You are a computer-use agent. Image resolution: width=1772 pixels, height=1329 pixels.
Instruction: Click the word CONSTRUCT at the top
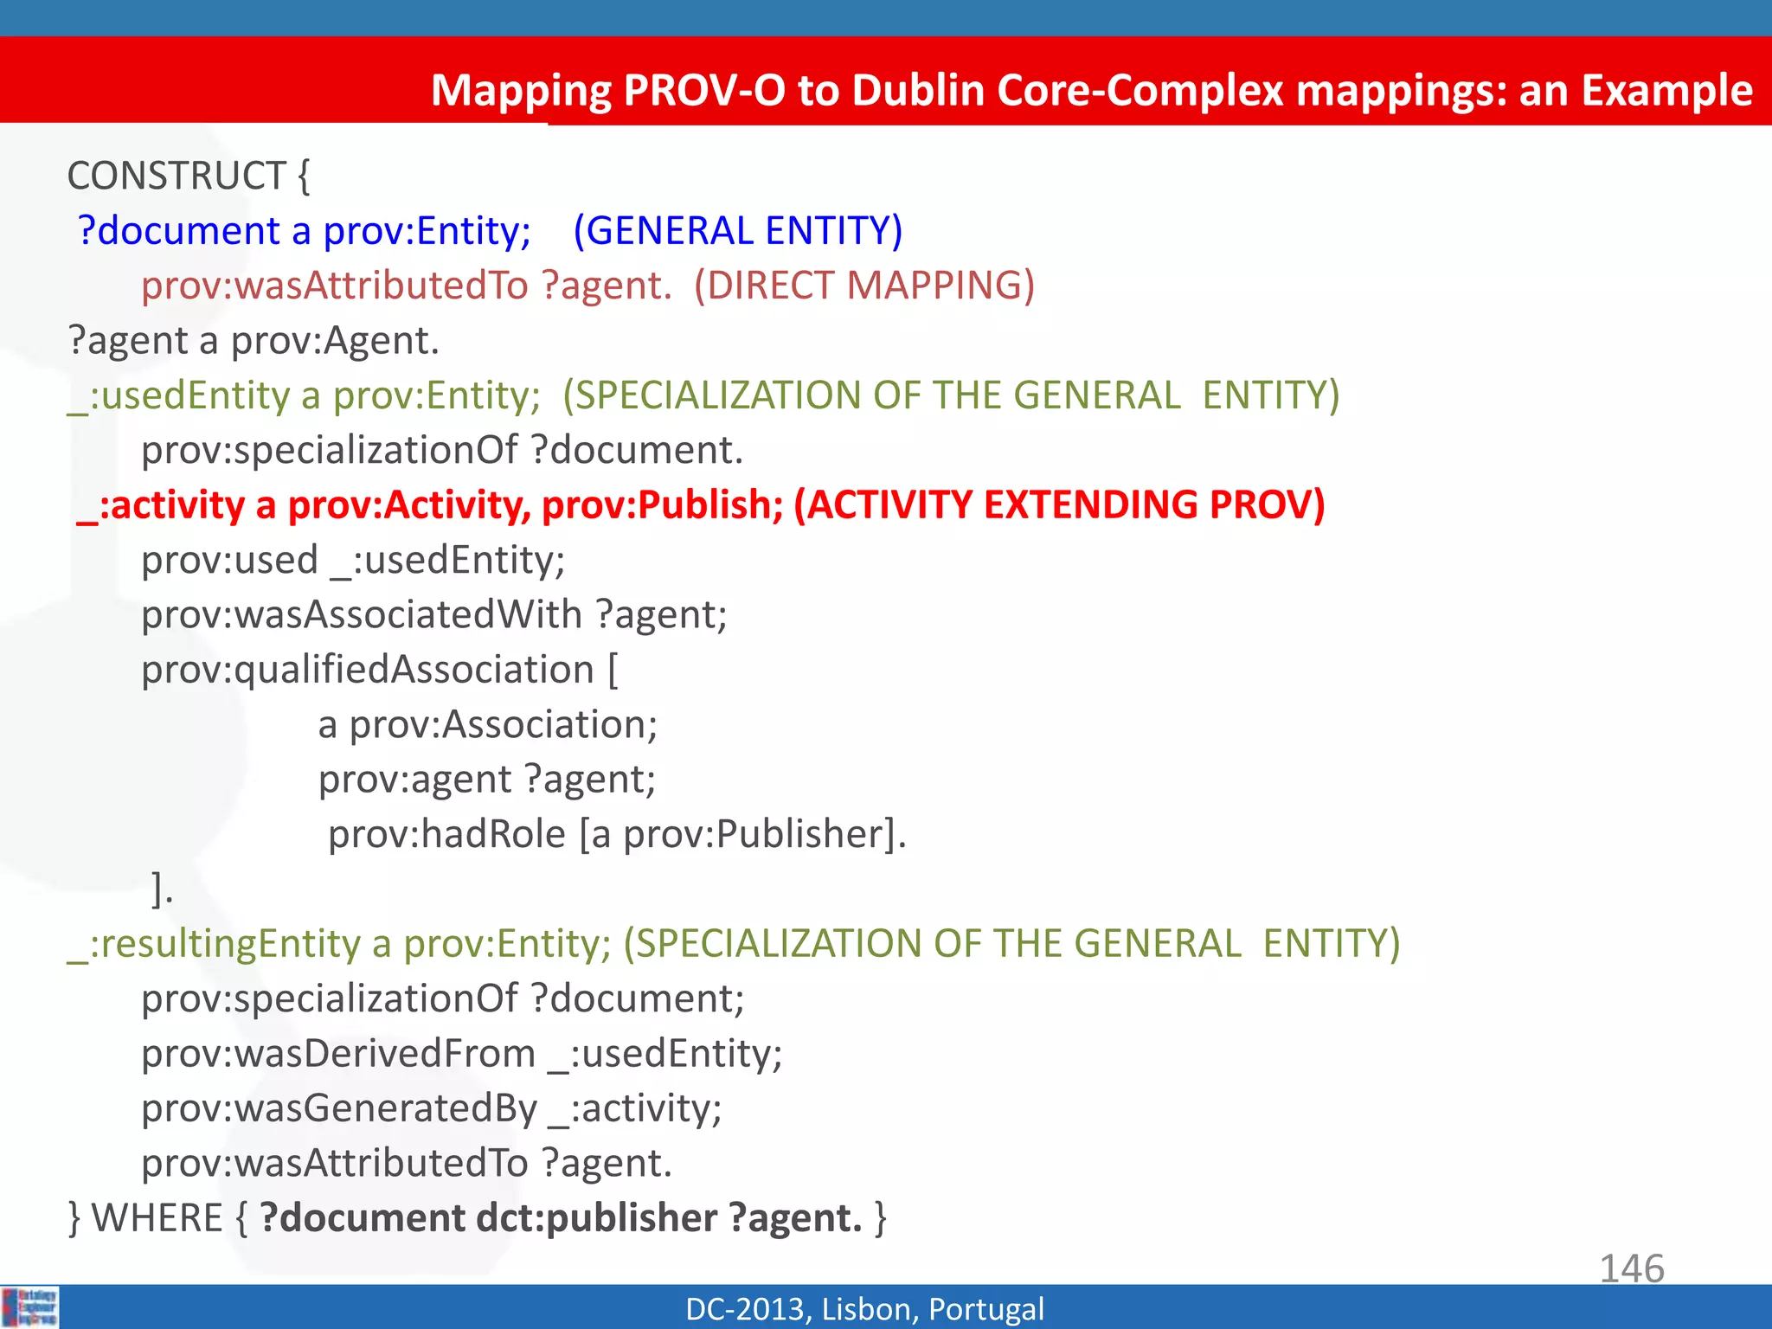(x=177, y=177)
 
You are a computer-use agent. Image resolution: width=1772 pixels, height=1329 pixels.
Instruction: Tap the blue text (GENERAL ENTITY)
(x=737, y=231)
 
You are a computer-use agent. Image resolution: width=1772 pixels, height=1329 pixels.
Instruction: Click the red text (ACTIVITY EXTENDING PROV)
(x=1059, y=505)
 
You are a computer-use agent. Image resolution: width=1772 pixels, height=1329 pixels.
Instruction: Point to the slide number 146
(x=1631, y=1268)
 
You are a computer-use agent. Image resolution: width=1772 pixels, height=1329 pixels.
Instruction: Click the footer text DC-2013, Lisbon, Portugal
(x=864, y=1309)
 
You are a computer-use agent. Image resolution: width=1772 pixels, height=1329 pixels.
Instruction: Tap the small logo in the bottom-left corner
(x=30, y=1307)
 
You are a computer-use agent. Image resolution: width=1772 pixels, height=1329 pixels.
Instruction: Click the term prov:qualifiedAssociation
(x=368, y=670)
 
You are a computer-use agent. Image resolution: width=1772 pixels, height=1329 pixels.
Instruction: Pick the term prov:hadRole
(x=446, y=834)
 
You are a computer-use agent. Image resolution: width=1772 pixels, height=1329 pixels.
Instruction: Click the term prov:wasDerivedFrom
(x=338, y=1054)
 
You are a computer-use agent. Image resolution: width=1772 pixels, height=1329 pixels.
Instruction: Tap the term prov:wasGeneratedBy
(x=339, y=1108)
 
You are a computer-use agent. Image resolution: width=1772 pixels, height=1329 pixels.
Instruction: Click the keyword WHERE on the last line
(x=157, y=1218)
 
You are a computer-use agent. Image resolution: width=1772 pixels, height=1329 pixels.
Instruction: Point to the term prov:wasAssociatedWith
(x=362, y=615)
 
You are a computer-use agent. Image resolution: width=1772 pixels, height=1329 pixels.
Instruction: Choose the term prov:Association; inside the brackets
(x=503, y=725)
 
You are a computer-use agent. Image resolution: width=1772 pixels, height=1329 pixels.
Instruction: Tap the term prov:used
(x=229, y=561)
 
